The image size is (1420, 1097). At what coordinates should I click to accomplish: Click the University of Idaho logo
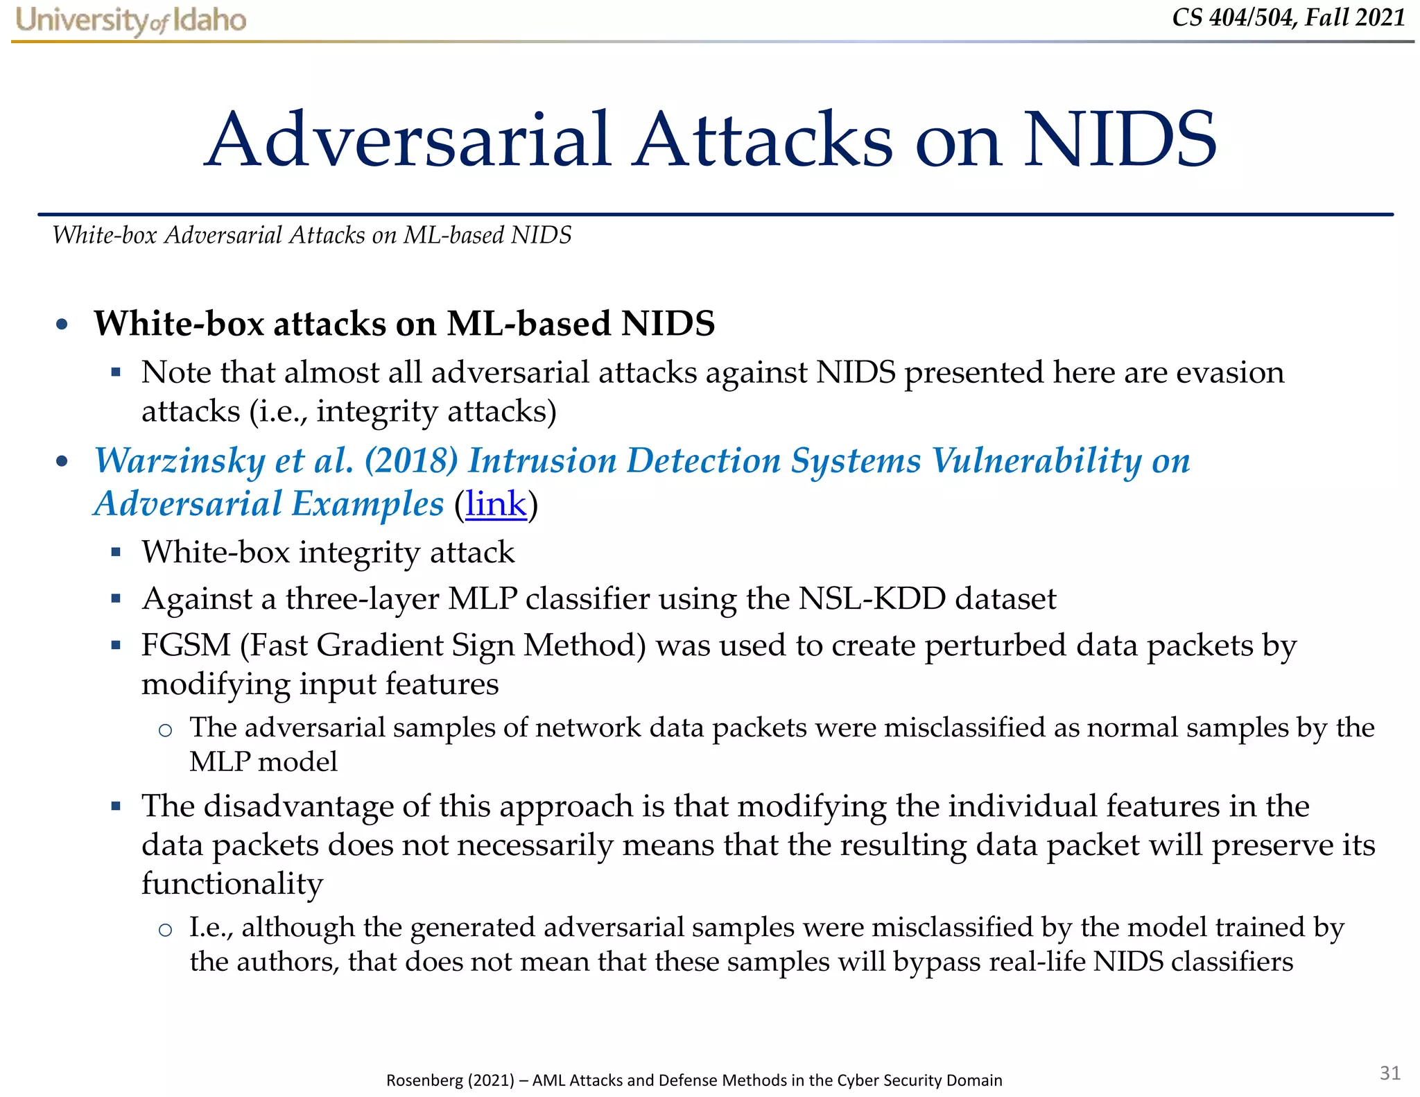coord(130,21)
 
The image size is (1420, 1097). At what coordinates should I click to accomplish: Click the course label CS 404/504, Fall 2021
coord(1288,17)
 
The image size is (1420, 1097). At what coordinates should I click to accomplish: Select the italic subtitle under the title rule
coord(312,235)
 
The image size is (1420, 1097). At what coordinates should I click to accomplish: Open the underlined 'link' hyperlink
coord(496,504)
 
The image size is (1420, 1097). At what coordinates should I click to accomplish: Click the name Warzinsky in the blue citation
coord(180,460)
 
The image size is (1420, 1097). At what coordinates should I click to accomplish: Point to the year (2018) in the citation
coord(411,460)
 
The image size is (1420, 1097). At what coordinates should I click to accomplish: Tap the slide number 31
coord(1389,1073)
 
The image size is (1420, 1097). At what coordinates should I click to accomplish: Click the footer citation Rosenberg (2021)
coord(449,1080)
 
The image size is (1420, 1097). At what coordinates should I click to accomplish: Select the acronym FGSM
coord(186,645)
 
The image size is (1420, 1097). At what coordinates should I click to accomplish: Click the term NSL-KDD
coord(872,598)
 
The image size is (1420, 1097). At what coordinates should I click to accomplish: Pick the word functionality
coord(232,884)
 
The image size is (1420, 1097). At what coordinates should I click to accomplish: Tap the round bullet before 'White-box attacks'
coord(62,325)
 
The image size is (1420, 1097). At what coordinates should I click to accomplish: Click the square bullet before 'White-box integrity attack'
coord(116,553)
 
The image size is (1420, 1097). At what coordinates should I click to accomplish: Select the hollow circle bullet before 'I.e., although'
coord(165,930)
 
